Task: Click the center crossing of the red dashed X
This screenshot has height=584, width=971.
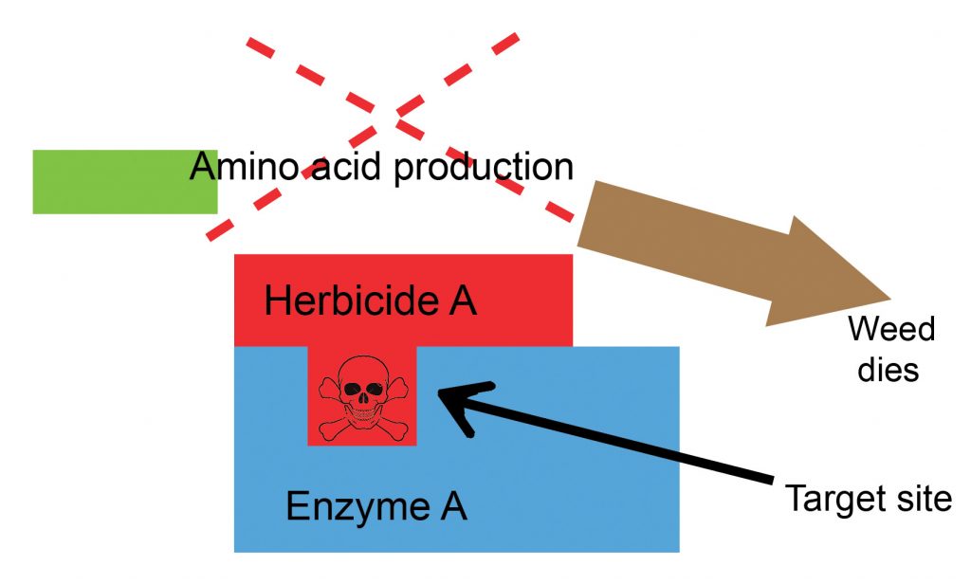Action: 383,112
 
